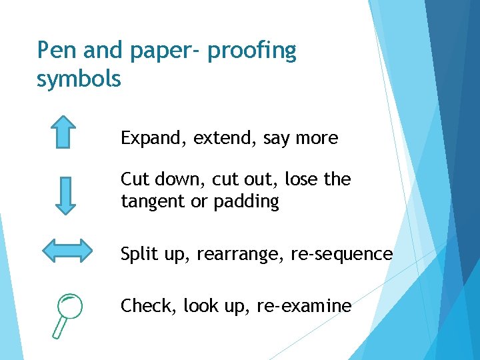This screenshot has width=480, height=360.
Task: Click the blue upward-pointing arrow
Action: [63, 131]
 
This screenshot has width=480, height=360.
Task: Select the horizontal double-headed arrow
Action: [67, 251]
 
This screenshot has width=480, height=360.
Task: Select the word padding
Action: [245, 202]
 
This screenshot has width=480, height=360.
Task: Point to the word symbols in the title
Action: [79, 79]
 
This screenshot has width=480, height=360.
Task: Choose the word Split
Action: [137, 255]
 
